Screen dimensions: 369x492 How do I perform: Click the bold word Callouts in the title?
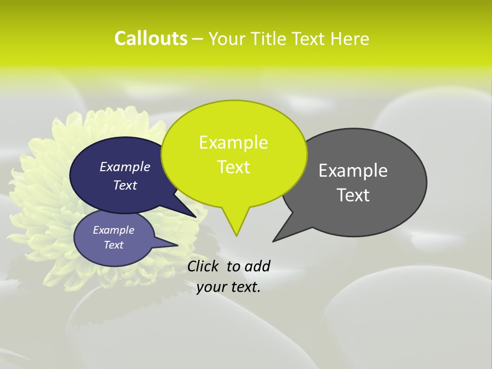click(x=151, y=38)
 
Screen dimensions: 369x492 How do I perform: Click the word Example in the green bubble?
click(x=233, y=142)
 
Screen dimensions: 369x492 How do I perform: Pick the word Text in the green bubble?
click(x=233, y=167)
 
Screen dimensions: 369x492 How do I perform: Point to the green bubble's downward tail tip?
click(x=236, y=235)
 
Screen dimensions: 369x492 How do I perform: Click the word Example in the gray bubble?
click(x=353, y=171)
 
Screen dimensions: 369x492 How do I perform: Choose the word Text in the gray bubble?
click(x=353, y=195)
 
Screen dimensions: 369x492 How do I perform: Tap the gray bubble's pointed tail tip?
click(x=274, y=241)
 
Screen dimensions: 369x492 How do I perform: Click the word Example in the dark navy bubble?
click(x=125, y=167)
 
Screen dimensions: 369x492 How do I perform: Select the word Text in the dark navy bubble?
click(x=125, y=185)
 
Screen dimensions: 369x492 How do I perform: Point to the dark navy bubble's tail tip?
click(x=196, y=217)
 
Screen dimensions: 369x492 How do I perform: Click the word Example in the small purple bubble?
click(x=113, y=230)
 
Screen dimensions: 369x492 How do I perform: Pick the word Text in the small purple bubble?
click(x=113, y=245)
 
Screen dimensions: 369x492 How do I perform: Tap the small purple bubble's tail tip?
click(x=177, y=245)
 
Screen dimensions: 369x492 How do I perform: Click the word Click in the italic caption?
click(x=203, y=266)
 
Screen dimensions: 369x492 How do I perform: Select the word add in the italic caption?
click(x=257, y=266)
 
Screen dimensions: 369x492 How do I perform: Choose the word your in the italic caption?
click(x=211, y=288)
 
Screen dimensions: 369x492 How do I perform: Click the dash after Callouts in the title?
click(x=198, y=39)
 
